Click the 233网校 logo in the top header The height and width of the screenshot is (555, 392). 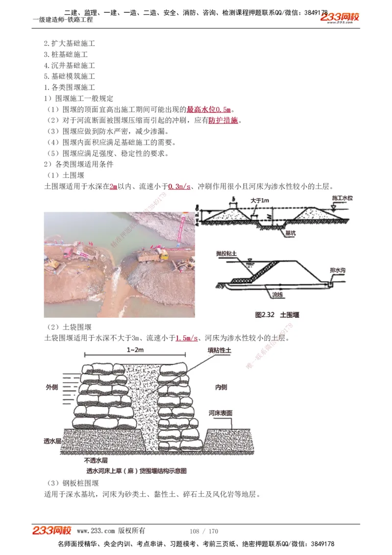340,18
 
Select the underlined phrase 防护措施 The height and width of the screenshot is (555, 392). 223,121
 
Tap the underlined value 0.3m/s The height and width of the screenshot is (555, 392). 179,187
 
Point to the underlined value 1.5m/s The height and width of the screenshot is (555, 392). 186,338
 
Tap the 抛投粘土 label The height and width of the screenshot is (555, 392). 226,253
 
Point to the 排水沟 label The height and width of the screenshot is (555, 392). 339,270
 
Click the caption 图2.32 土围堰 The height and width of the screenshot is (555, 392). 277,315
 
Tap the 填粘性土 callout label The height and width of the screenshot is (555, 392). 219,351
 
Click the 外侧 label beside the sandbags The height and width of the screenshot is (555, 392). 52,387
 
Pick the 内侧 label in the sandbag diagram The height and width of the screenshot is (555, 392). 221,387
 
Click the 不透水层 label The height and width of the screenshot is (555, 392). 96,460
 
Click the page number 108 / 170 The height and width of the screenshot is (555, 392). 203,531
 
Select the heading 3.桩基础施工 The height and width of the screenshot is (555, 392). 69,54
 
